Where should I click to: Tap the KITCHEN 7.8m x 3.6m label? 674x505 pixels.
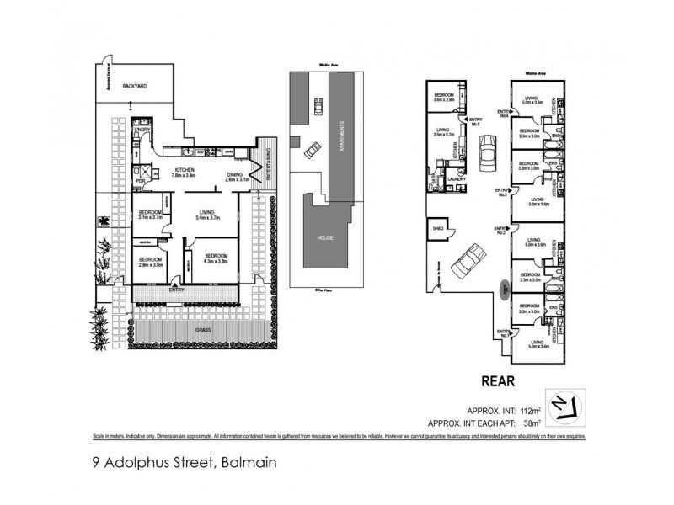[185, 173]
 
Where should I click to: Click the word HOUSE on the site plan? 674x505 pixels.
[325, 237]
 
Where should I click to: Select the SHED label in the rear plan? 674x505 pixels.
[438, 227]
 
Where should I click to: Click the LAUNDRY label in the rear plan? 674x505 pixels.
[457, 178]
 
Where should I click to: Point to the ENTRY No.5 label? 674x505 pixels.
[475, 120]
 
